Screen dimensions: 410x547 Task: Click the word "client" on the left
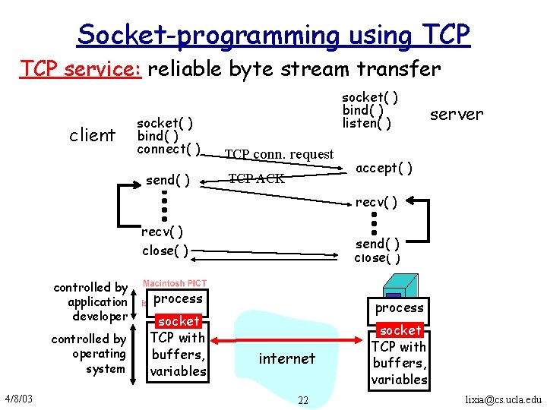click(92, 135)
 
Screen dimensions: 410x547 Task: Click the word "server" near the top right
click(456, 115)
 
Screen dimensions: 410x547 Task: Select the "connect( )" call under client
click(169, 149)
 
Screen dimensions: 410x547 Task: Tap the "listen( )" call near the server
click(367, 123)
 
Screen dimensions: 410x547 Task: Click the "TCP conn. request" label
click(279, 154)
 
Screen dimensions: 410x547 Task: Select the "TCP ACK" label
click(257, 178)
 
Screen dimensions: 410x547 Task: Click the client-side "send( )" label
click(168, 180)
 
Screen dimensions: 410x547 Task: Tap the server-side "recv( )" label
click(376, 202)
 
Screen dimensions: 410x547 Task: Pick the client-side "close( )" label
click(165, 251)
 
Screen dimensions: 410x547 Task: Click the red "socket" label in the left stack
click(179, 321)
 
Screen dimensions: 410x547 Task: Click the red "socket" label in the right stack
click(400, 330)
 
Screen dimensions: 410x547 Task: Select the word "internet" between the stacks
click(286, 358)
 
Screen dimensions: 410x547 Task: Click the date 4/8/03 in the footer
click(17, 398)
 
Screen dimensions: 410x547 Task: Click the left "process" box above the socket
click(179, 299)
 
